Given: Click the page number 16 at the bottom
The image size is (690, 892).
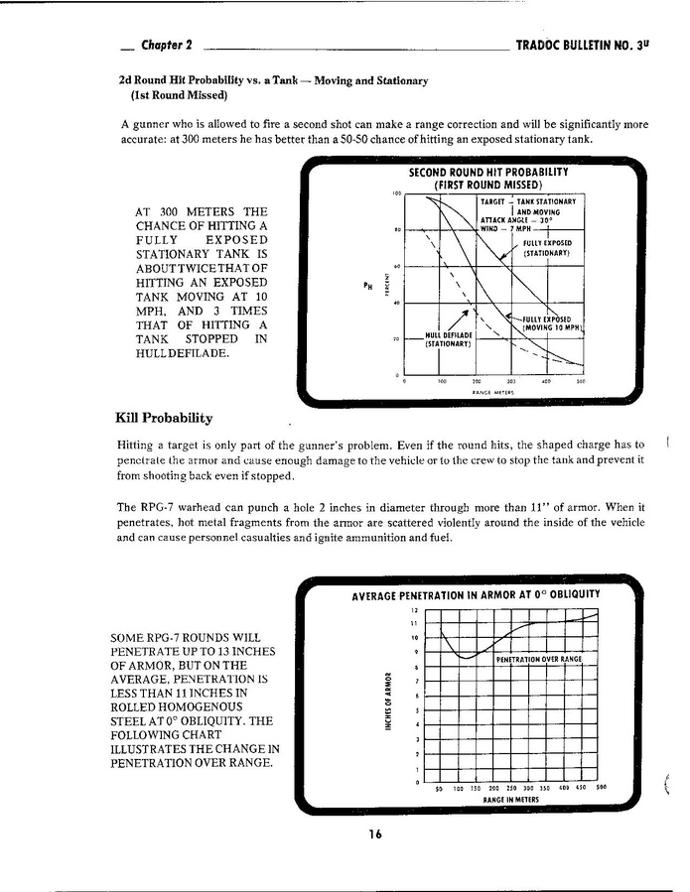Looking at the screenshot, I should tap(373, 834).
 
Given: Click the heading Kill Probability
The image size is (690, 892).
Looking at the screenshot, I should tap(164, 418).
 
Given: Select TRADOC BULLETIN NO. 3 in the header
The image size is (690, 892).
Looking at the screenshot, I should tap(584, 46).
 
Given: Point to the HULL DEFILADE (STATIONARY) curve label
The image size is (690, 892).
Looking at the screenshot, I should tap(447, 339).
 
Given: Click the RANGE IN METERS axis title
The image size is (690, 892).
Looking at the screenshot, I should tap(510, 799).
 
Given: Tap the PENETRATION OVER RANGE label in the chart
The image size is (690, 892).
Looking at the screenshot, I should tap(538, 659).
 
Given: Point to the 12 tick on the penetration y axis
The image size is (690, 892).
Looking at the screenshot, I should tap(416, 608).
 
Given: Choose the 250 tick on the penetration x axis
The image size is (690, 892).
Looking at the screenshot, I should tap(512, 789).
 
